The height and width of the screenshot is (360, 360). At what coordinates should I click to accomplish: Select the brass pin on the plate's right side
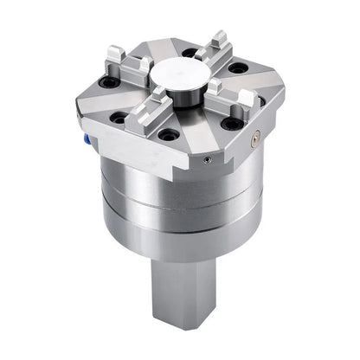tap(254, 135)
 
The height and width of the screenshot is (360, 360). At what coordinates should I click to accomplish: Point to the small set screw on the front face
tap(205, 159)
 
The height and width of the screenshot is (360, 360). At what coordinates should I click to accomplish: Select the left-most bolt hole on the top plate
tap(109, 83)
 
